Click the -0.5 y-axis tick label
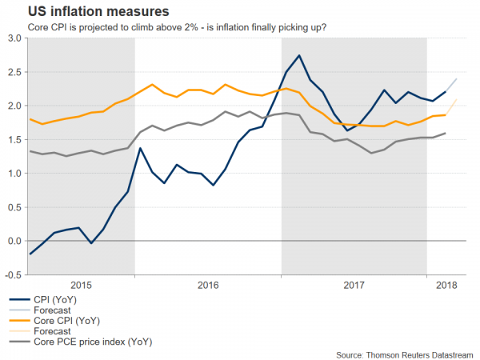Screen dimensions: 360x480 point(11,274)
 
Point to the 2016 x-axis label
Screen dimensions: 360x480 point(208,284)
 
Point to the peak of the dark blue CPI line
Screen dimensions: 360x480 point(298,55)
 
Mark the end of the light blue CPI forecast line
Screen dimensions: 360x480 point(457,78)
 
